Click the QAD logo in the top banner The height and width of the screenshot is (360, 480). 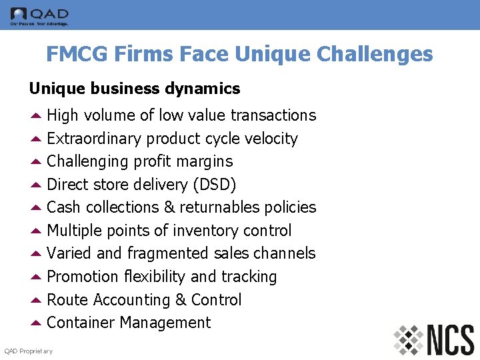(x=39, y=15)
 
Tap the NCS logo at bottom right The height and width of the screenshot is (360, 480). (x=433, y=339)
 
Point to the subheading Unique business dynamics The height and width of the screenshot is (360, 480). (x=134, y=88)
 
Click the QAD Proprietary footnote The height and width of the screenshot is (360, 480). (x=29, y=351)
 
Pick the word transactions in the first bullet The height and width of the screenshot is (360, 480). (x=273, y=115)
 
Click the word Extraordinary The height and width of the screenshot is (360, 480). (x=94, y=139)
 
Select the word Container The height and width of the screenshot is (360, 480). (x=81, y=323)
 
